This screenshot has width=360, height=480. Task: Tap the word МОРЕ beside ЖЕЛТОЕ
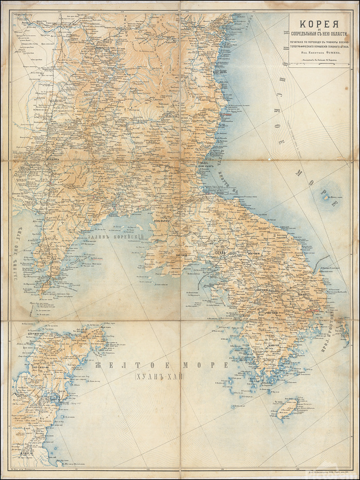206,366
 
